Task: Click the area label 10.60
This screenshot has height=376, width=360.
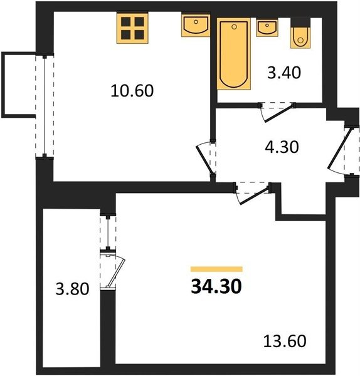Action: (132, 91)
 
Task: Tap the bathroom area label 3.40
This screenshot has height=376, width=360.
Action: (284, 73)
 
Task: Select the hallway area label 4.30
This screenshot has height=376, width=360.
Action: (282, 147)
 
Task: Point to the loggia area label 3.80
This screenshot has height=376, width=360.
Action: (72, 289)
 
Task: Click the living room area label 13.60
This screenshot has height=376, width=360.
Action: (285, 341)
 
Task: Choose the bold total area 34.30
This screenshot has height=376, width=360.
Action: (216, 286)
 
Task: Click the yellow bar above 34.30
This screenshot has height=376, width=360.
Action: (216, 269)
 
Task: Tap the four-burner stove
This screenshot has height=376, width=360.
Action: (132, 28)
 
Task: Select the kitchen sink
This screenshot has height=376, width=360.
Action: (196, 26)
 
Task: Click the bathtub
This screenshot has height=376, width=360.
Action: (234, 54)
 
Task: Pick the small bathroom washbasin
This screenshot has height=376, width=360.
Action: (267, 28)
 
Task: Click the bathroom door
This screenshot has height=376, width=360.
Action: (277, 112)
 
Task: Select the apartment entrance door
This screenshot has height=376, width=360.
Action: (343, 151)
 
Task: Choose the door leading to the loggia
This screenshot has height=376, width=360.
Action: (112, 270)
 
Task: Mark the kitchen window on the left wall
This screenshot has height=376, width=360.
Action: (45, 106)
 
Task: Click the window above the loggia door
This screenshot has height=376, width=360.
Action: (108, 232)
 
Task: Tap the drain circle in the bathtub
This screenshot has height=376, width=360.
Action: (235, 27)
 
